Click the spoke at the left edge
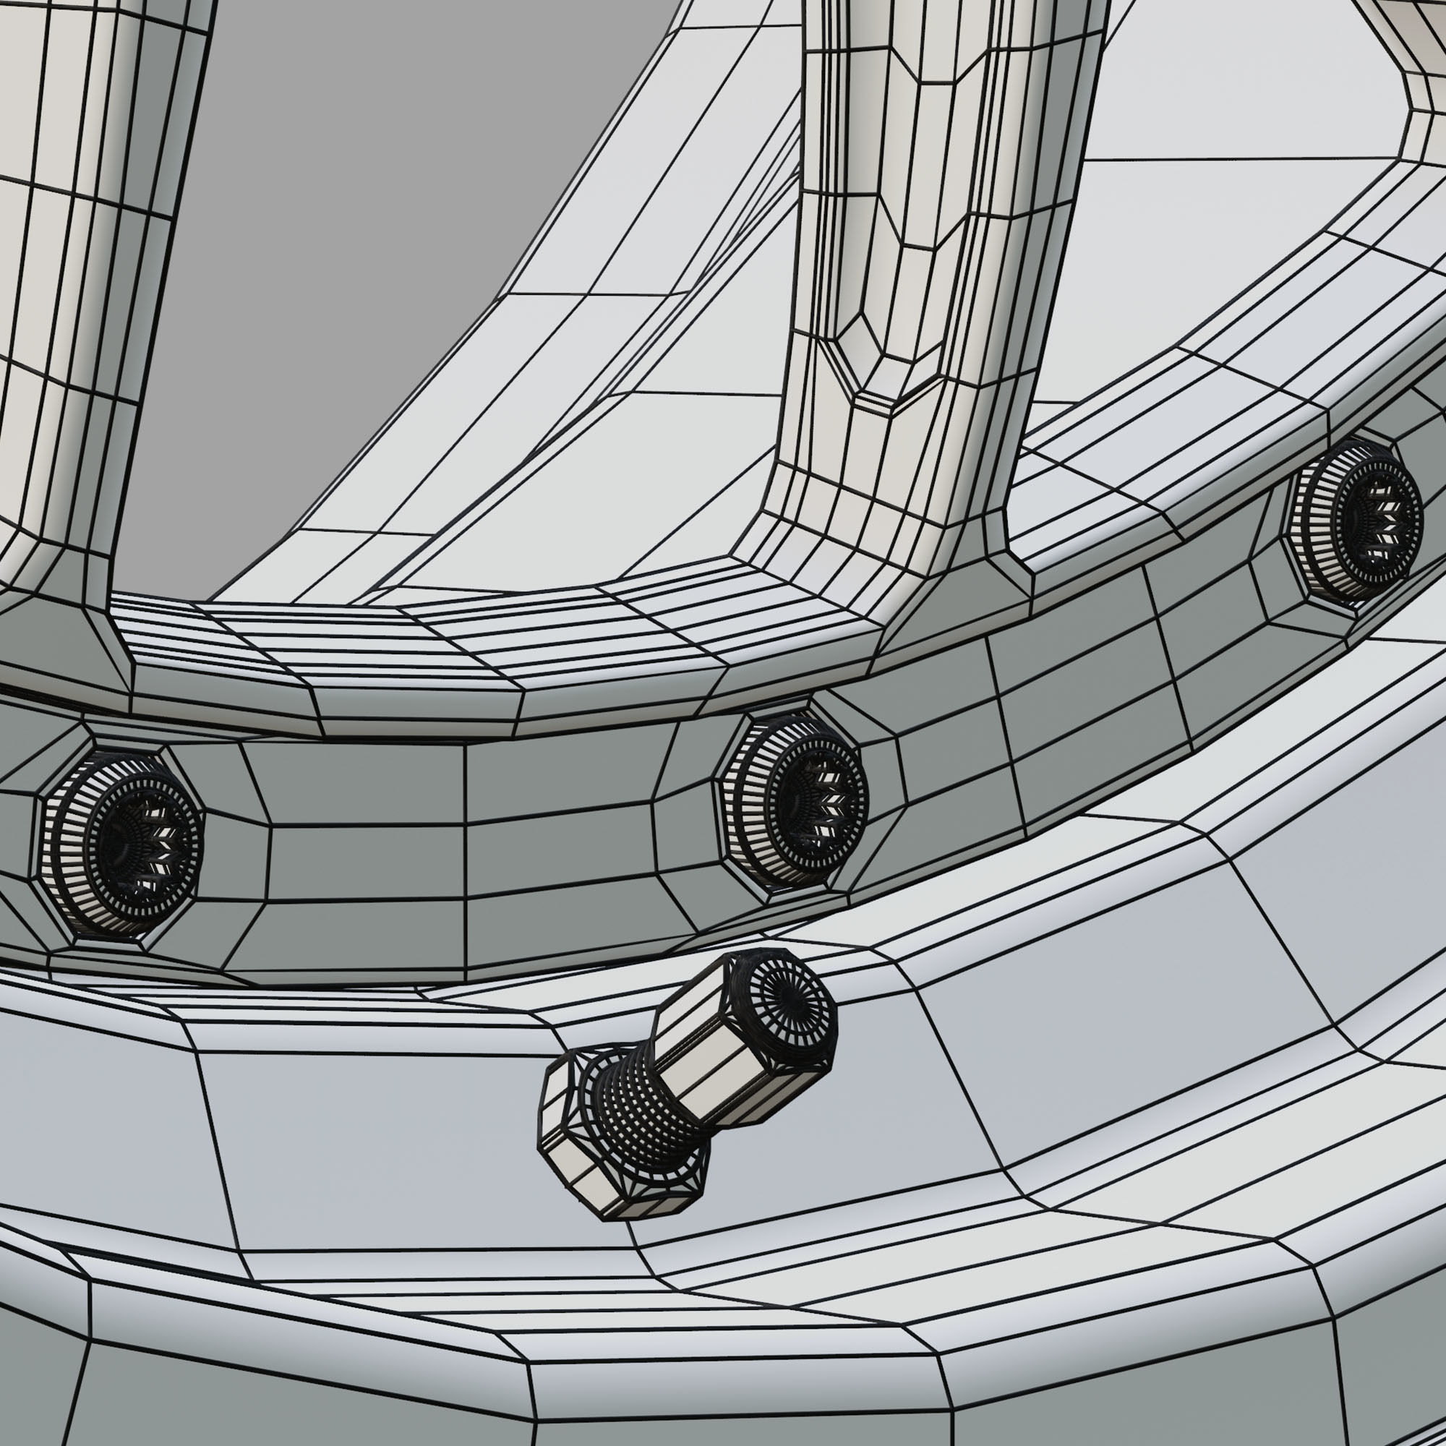[x=82, y=262]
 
